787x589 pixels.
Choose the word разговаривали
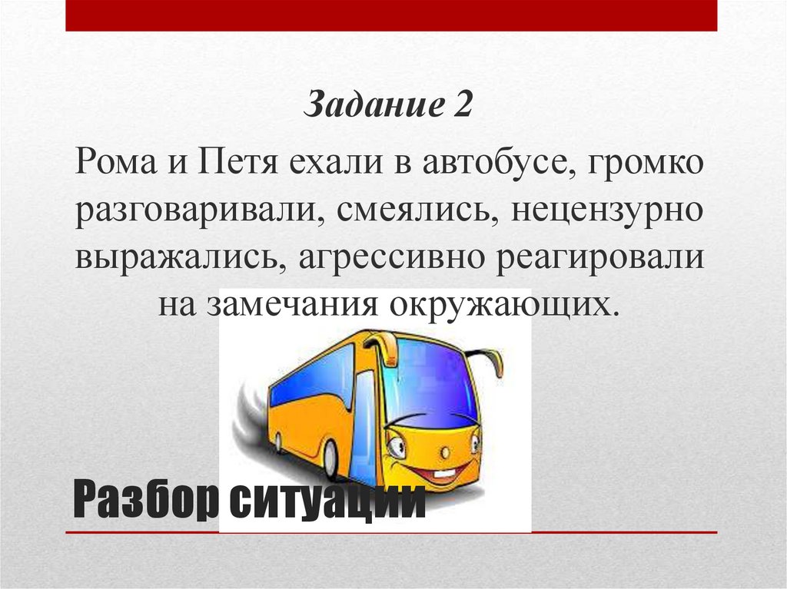coord(194,210)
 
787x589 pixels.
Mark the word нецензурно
coord(604,210)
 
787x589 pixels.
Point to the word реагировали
coord(600,256)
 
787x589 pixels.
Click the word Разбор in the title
coord(146,502)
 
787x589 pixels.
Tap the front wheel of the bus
coord(330,458)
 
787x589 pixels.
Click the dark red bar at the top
coord(391,15)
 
